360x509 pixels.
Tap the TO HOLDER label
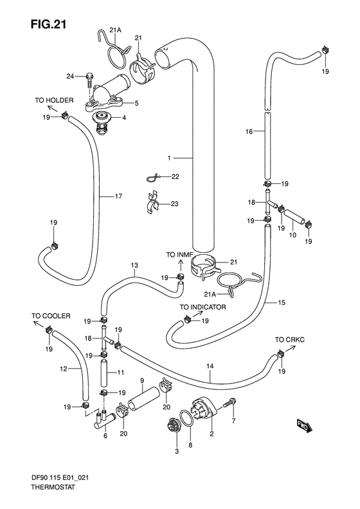(x=54, y=100)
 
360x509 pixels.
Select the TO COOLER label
(x=46, y=316)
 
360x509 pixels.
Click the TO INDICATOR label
(x=203, y=308)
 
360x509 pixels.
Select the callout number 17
(x=118, y=196)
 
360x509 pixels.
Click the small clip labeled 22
(x=152, y=177)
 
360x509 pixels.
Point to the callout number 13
(x=134, y=265)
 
